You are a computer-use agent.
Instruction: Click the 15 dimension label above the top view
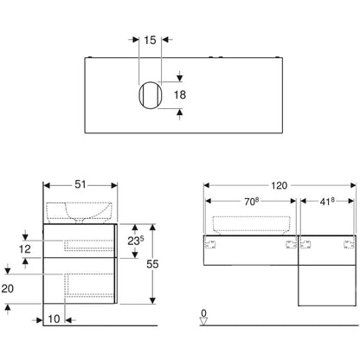click(x=150, y=40)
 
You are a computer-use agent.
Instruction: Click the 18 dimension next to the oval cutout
click(x=180, y=94)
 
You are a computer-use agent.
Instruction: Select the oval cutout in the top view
click(x=151, y=95)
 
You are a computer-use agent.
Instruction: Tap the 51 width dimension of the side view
click(x=80, y=184)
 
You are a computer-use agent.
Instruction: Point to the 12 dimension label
click(x=25, y=249)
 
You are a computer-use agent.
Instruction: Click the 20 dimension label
click(x=8, y=288)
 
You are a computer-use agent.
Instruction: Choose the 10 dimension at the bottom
click(x=54, y=319)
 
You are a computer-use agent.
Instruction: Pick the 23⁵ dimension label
click(x=136, y=241)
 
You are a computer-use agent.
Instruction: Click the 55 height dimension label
click(x=152, y=264)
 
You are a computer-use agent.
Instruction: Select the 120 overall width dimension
click(x=279, y=185)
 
